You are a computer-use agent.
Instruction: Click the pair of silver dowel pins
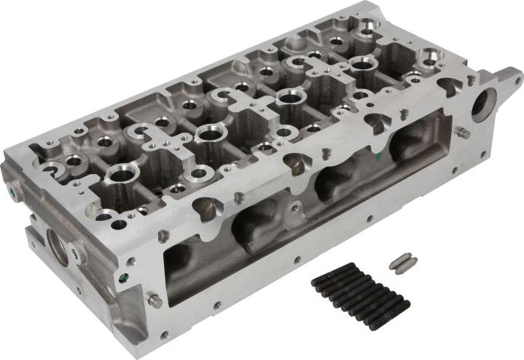pyautogui.click(x=402, y=262)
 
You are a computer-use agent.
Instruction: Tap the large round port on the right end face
pyautogui.click(x=484, y=103)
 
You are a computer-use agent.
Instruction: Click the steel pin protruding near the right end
pyautogui.click(x=462, y=133)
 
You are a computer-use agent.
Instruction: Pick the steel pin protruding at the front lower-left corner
pyautogui.click(x=154, y=300)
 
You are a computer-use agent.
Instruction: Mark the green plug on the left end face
pyautogui.click(x=15, y=194)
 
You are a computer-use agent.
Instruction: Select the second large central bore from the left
pyautogui.click(x=209, y=133)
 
